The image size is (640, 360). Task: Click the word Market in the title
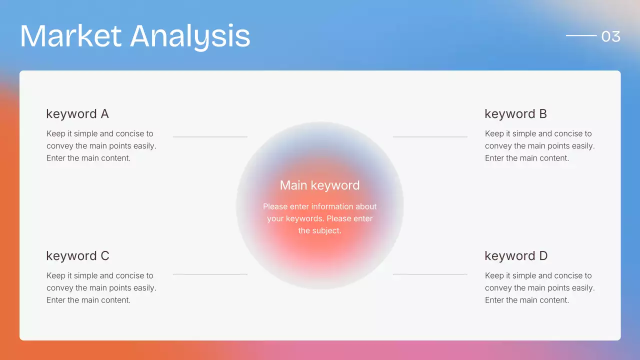pos(70,36)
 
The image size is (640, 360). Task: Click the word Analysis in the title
pos(190,36)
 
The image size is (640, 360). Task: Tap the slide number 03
pos(610,36)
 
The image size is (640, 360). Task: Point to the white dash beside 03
pos(581,35)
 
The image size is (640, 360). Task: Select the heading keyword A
pos(77,114)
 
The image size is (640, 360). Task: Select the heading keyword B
pos(515,114)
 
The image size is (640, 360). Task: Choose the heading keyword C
pos(77,256)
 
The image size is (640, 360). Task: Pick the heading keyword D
pos(516,256)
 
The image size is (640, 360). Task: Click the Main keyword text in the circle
pos(319,185)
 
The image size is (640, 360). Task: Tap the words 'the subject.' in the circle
pos(319,230)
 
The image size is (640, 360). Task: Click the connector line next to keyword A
pos(210,136)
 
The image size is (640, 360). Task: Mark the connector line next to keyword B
pos(430,136)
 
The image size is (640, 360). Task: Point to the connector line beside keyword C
pos(210,274)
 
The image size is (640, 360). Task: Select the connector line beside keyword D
pos(430,274)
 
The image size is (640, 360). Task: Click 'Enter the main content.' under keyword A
pos(88,158)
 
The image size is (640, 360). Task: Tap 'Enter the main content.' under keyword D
pos(527,300)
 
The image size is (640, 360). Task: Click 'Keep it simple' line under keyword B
pos(538,133)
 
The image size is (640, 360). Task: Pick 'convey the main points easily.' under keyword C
pos(101,288)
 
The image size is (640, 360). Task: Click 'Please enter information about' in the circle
pos(319,206)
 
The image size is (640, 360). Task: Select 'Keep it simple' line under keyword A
pos(100,133)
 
